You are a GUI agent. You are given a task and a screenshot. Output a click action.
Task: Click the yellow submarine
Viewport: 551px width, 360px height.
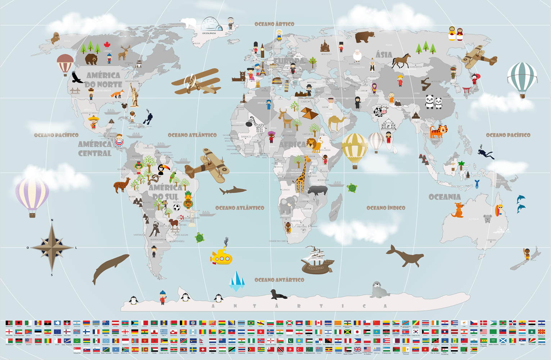click(x=221, y=257)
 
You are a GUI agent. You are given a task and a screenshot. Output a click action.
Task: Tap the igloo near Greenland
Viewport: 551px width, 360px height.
click(x=212, y=24)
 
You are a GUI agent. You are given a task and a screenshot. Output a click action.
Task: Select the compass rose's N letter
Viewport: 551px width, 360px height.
click(x=52, y=220)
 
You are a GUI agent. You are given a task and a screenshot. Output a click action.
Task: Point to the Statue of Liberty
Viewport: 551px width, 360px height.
click(x=134, y=94)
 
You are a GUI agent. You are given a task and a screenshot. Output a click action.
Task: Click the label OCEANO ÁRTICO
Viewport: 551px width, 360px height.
click(x=274, y=24)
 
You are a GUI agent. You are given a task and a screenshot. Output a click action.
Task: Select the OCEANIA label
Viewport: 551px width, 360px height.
click(x=444, y=197)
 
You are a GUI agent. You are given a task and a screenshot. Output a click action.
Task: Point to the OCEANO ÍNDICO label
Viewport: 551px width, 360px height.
click(x=386, y=208)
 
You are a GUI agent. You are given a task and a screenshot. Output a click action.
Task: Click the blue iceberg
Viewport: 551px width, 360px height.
click(x=237, y=281)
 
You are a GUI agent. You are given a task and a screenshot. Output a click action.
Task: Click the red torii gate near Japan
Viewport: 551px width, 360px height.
click(x=467, y=91)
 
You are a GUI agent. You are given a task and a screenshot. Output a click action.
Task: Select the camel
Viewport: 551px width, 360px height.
click(x=337, y=122)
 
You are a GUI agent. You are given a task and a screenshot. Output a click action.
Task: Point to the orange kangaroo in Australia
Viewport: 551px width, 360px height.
click(x=457, y=211)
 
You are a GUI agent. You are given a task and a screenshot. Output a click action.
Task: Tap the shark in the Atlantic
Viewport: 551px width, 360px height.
click(x=233, y=190)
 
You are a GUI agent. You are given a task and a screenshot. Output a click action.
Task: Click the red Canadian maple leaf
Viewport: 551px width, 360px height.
click(x=107, y=45)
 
